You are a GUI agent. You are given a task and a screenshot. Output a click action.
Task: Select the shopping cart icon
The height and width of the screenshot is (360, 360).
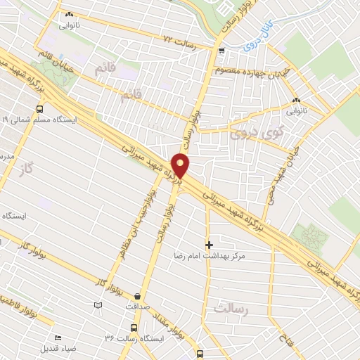click(221, 50)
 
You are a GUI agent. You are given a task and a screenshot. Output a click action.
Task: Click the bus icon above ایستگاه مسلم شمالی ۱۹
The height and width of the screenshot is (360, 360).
click(39, 109)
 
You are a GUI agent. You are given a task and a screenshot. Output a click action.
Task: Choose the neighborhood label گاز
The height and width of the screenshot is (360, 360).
click(27, 172)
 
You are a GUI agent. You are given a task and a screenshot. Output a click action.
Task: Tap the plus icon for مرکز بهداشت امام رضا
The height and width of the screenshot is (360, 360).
click(209, 244)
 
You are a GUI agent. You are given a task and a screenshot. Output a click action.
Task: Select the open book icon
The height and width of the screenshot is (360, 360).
click(98, 304)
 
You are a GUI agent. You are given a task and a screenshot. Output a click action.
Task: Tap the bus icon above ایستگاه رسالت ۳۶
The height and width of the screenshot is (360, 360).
click(134, 328)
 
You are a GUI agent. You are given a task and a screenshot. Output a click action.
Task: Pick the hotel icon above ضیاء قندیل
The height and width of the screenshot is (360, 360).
click(58, 337)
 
